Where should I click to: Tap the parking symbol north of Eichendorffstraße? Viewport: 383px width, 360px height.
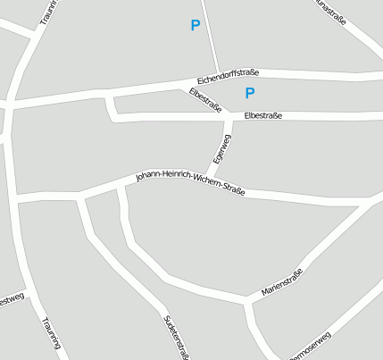196,26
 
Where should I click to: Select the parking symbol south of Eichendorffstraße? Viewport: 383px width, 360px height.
250,93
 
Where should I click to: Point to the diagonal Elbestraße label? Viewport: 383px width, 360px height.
205,99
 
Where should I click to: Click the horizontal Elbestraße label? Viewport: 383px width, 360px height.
262,116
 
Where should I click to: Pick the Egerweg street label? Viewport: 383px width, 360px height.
218,148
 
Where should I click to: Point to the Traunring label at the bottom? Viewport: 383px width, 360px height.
51,332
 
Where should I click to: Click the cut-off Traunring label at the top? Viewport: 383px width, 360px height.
47,13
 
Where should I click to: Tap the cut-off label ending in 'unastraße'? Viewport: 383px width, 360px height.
330,8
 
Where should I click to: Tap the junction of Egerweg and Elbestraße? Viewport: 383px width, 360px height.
230,117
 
